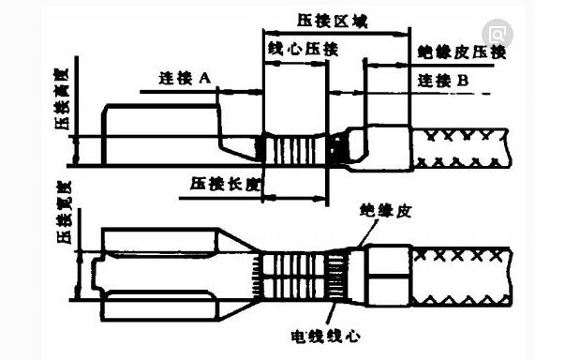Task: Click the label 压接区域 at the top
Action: (x=333, y=22)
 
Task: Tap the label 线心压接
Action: (x=303, y=49)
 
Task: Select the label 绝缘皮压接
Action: (x=462, y=52)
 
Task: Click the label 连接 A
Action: (x=185, y=78)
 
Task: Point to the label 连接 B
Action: (x=443, y=81)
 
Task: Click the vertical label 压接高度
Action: (x=61, y=99)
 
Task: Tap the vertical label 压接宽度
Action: (x=65, y=212)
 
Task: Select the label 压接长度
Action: (x=225, y=184)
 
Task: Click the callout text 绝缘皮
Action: (x=385, y=211)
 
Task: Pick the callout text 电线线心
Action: (x=326, y=337)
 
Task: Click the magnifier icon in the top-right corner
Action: (x=498, y=35)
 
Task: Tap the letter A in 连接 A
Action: (x=204, y=78)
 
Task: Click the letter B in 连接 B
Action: (x=463, y=81)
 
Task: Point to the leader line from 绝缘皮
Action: (x=368, y=232)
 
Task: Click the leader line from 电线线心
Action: (x=331, y=314)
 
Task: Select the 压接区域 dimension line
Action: (x=336, y=34)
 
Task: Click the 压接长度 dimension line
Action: (x=295, y=198)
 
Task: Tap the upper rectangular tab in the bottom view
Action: (x=160, y=240)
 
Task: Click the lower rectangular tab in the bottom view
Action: (x=160, y=306)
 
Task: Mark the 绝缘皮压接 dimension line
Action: (x=387, y=66)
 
